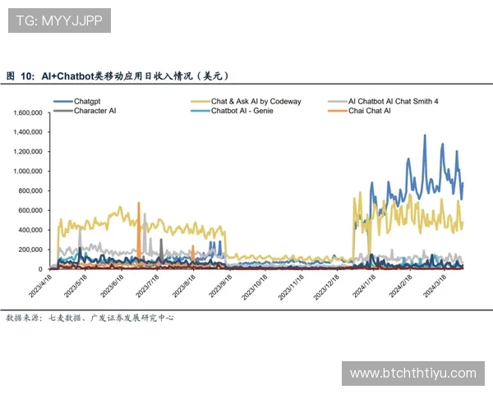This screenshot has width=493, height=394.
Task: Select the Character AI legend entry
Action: coord(94,110)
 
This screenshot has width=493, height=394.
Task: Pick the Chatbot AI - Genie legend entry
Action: coord(242,110)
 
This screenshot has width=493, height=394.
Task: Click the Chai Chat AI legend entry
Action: coord(369,110)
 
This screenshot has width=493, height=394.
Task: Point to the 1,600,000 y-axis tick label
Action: coord(29,112)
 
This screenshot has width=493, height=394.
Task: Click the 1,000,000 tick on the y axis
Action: coord(29,172)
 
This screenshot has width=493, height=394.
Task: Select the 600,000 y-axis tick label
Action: coord(31,210)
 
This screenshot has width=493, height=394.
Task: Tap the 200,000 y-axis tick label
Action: coord(31,250)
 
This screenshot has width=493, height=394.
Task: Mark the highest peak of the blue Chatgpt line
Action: coord(425,135)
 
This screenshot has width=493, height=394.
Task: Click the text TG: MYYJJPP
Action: coord(58,21)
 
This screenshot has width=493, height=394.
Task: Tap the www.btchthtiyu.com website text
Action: coord(412,373)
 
